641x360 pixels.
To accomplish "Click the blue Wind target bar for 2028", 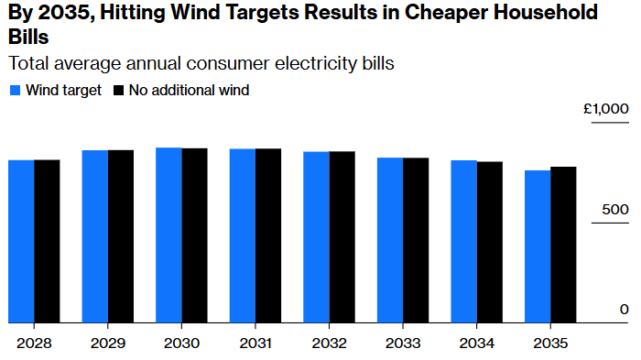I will tap(21, 241).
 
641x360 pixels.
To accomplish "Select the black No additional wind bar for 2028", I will tap(47, 241).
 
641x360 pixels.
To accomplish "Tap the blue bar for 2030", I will tap(168, 235).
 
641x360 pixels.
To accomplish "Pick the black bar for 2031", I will tap(267, 235).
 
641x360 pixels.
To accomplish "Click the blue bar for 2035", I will tap(538, 246).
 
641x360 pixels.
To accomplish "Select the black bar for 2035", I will tap(563, 245).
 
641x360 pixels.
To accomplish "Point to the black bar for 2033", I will tap(416, 240).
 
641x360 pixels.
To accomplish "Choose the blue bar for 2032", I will tap(316, 237).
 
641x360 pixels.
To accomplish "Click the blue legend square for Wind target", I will tap(15, 91).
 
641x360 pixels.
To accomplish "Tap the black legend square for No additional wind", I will tap(119, 91).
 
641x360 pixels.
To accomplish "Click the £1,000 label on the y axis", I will tap(606, 109).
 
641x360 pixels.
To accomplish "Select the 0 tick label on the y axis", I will tap(624, 310).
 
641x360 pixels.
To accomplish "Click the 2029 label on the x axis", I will tap(108, 344).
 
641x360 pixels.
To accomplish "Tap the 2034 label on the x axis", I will tap(476, 344).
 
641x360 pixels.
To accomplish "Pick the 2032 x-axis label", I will tap(329, 344).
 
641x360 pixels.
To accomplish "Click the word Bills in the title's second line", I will tap(27, 38).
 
